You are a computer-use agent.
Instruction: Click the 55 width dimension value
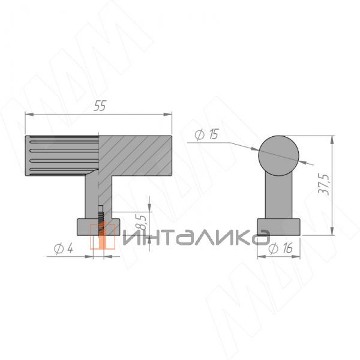100,106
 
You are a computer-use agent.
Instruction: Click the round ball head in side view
278,155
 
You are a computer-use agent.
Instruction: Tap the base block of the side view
278,228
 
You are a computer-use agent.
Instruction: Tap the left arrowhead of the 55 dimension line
28,114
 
